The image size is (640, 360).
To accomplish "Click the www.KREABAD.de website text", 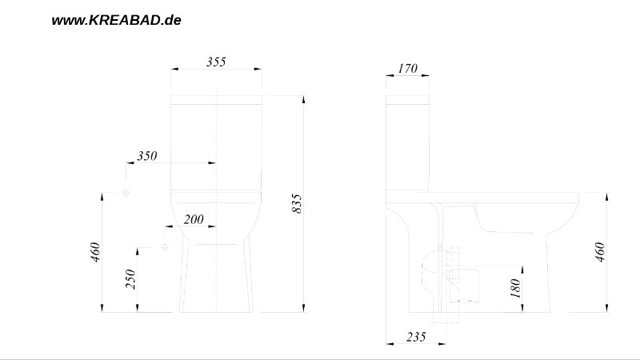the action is pos(116,21).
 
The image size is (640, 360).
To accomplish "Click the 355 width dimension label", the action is pos(216,62).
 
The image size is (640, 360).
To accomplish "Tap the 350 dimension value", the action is pos(147,156).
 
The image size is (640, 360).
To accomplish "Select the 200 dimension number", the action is pos(194,219).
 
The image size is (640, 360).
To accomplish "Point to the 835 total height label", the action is pos(297,204).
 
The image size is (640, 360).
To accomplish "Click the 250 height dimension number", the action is pos(130,279).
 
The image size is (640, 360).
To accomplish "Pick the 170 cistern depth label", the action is pos(408,68).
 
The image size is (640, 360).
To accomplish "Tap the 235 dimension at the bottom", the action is pos(416,337).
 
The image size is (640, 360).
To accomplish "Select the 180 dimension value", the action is pos(515,288).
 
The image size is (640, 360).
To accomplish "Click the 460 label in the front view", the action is pos(94,252).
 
